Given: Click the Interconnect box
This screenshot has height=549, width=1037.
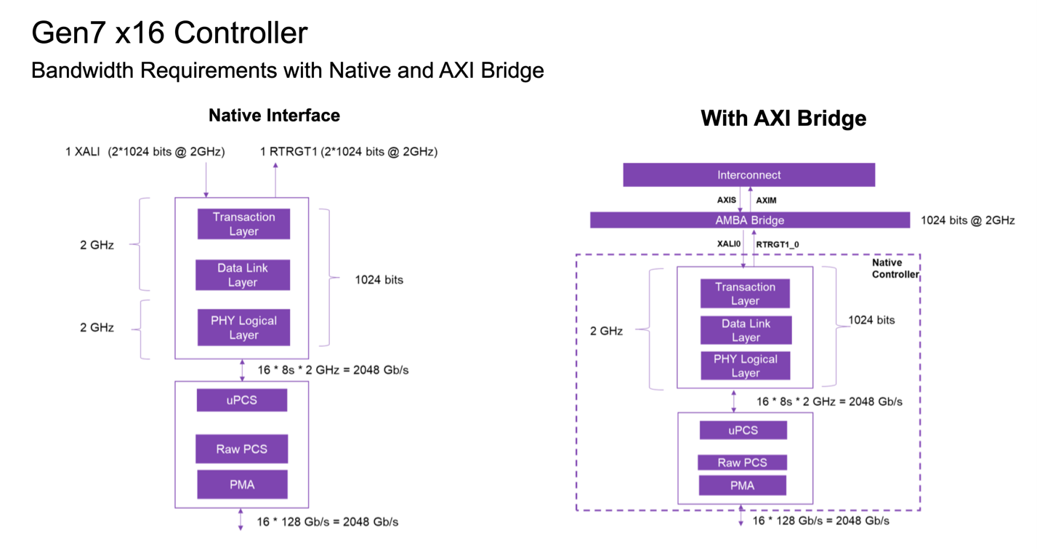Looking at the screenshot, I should pos(749,175).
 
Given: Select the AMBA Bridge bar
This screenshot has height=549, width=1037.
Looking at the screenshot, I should pos(749,220).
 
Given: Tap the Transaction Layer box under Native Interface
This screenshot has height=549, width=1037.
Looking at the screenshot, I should pos(243,224).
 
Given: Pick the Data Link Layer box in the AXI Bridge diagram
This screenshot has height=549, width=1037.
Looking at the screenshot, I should pos(746,330).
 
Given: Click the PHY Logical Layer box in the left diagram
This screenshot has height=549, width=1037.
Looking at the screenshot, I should pos(243,328).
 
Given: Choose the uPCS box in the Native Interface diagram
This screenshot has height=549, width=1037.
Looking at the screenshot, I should pos(241,401).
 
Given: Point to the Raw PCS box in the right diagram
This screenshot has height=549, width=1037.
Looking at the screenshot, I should pos(742,462).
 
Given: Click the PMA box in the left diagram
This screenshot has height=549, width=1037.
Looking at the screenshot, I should pos(242,484).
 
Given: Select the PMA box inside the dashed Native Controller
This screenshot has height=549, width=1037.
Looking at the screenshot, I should pos(742,485).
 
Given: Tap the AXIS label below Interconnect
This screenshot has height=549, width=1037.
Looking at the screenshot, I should pos(727,200).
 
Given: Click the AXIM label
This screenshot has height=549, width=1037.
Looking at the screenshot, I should pos(766,200).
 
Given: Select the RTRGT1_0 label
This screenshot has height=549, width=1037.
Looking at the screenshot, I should pos(777,245).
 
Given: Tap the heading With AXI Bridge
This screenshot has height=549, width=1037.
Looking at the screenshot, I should pos(783,119).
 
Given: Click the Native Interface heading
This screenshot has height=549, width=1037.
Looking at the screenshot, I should pos(274,116).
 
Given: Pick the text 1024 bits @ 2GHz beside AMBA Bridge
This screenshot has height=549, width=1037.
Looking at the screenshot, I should pos(967,220).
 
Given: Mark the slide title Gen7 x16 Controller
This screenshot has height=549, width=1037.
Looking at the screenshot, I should pos(169,33).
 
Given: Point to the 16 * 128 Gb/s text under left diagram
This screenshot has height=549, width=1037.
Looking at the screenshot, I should pos(327,521).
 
